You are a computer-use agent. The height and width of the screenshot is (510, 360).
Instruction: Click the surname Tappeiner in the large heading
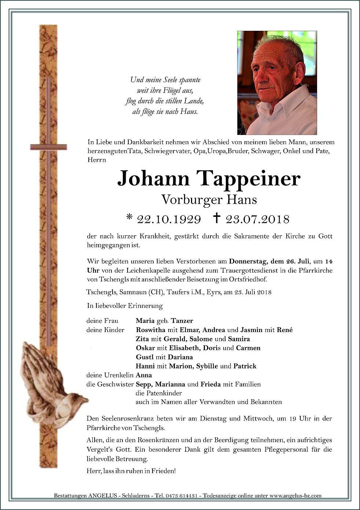(249, 179)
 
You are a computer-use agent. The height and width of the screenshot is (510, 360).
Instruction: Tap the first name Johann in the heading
(153, 179)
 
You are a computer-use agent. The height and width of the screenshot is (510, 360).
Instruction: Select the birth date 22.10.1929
(169, 219)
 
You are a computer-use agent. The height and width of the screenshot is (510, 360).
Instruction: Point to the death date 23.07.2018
(257, 219)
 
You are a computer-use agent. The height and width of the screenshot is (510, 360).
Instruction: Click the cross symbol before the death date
(217, 218)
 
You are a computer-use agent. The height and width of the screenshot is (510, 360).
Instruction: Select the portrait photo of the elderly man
(277, 83)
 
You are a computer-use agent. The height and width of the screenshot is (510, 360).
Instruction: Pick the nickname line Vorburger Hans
(209, 200)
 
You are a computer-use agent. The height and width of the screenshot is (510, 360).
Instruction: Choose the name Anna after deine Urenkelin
(144, 375)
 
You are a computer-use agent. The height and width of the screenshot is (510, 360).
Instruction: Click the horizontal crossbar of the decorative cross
(49, 148)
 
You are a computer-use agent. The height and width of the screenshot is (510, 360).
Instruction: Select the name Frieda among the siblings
(210, 385)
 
